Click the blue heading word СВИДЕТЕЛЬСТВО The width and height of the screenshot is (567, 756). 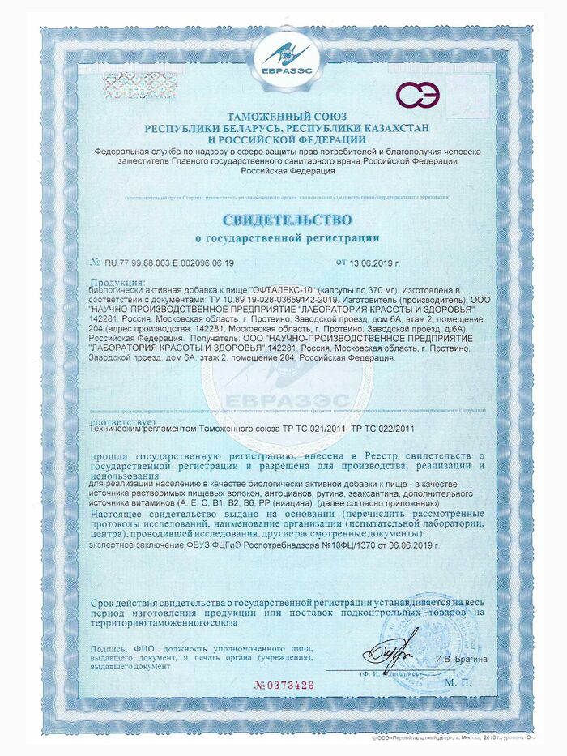[288, 220]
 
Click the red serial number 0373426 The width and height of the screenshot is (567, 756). [284, 685]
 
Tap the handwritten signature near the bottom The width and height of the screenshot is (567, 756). [394, 653]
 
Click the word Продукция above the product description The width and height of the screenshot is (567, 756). [112, 281]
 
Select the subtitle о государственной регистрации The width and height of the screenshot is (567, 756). [288, 238]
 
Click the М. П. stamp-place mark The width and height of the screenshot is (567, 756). [458, 684]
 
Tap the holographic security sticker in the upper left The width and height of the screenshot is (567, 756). [139, 84]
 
